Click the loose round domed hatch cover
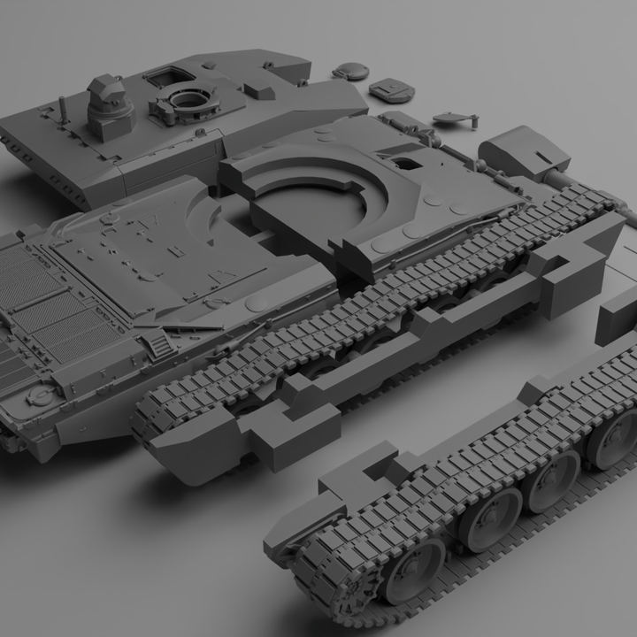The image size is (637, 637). pyautogui.click(x=352, y=70)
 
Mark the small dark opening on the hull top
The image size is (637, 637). pyautogui.click(x=409, y=162)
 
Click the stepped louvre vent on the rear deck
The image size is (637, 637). pyautogui.click(x=157, y=342)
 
